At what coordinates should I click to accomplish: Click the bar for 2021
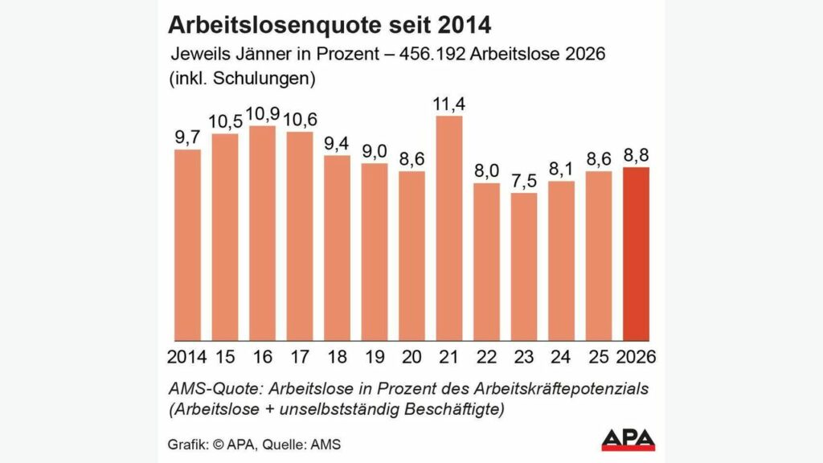point(449,228)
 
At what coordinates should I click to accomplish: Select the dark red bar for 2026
point(637,253)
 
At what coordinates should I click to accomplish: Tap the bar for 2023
point(524,266)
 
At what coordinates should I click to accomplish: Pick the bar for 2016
point(263,232)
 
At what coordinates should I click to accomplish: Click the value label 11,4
point(450,104)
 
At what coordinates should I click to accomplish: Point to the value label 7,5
point(524,181)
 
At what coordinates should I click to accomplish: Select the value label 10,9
point(262,113)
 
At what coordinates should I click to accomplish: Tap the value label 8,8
point(637,155)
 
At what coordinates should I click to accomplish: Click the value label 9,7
point(188,137)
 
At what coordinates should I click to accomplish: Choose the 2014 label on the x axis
point(187,356)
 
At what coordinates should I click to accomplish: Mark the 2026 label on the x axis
point(637,356)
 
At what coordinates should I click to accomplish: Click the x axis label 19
point(375,356)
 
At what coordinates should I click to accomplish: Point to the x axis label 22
point(487,356)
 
